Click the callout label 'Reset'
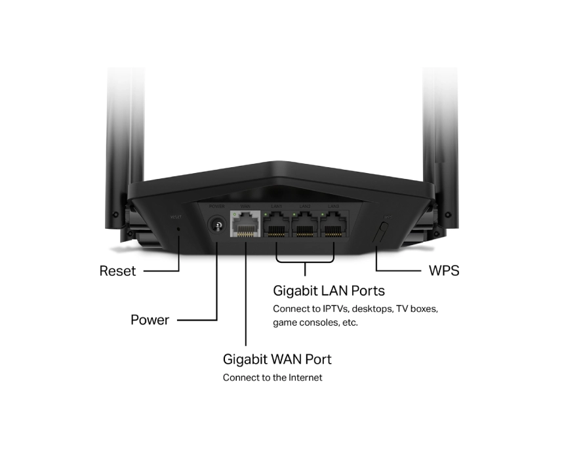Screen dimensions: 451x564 pos(117,271)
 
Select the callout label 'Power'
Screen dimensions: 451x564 pos(150,320)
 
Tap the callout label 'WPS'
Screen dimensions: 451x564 pos(444,271)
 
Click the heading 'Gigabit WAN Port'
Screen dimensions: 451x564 pos(277,359)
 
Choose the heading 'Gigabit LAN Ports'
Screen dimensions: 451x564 pos(329,290)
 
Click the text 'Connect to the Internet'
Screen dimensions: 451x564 pos(272,378)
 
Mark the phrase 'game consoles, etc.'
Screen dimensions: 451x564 pos(315,323)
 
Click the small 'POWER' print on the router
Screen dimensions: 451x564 pos(216,206)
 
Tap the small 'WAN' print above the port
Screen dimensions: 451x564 pos(245,206)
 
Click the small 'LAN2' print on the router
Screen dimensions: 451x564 pos(305,206)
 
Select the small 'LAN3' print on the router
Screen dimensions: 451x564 pos(334,206)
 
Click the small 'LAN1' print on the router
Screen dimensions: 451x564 pos(276,206)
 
